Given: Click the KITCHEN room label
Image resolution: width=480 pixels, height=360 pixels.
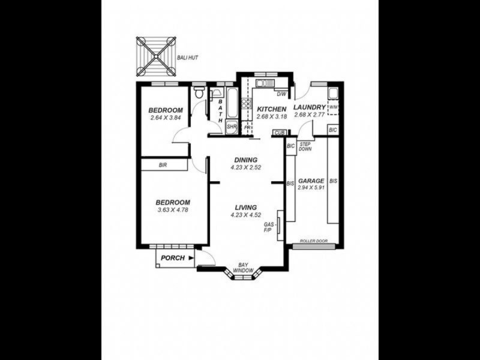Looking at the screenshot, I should (x=271, y=109).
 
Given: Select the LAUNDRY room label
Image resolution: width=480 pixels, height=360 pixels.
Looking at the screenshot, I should (x=309, y=107).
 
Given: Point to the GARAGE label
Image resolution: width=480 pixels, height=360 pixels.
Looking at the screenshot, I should (x=311, y=180).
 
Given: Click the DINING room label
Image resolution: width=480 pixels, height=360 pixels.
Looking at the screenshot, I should (x=245, y=160).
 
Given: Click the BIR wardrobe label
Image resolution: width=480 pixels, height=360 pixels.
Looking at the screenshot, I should (x=163, y=165).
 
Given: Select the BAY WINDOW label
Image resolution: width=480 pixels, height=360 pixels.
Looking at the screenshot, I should (x=244, y=268).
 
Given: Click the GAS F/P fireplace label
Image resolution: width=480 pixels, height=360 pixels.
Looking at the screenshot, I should (x=269, y=227).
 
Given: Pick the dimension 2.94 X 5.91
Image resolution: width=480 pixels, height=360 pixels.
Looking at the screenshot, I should (x=311, y=187).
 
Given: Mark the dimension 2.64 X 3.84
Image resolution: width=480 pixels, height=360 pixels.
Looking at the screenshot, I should (x=166, y=118).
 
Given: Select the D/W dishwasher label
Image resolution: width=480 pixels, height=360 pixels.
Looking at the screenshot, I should (x=281, y=94).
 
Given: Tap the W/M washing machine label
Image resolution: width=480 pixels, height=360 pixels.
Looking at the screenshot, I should (x=334, y=107).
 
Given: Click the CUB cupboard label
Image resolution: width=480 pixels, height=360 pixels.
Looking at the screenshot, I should (x=278, y=133).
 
